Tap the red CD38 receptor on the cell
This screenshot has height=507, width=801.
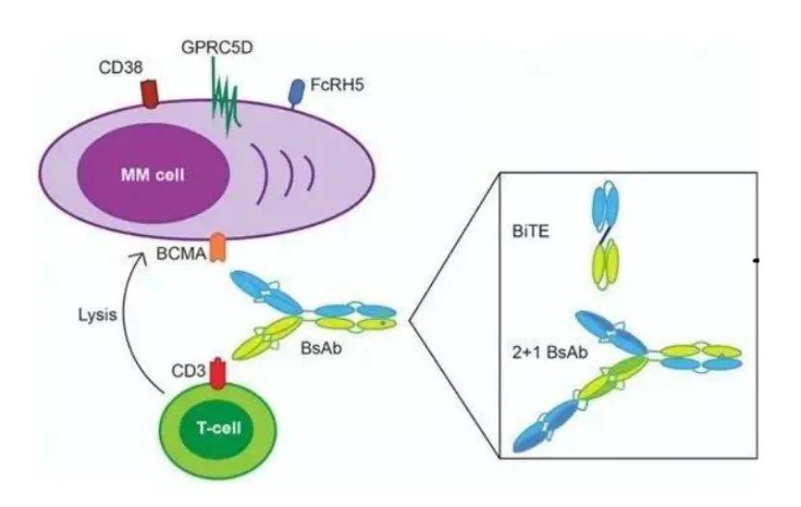pos(150,94)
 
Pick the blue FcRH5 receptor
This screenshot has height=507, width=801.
pos(297,92)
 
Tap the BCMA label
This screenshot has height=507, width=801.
pos(174,256)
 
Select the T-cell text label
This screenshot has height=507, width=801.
pos(213,429)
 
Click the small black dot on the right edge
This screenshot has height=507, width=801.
pos(758,260)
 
